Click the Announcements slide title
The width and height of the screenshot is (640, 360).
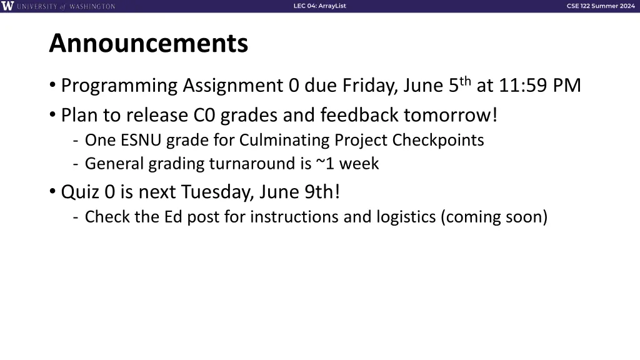coord(148,44)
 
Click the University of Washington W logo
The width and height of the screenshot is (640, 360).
coord(7,6)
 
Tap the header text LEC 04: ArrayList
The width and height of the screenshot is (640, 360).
coord(319,6)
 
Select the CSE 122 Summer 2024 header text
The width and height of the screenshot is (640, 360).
coord(600,6)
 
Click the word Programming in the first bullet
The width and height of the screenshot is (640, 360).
coord(119,85)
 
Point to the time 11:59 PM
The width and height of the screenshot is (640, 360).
coord(540,85)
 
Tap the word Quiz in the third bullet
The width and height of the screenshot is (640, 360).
coord(81,191)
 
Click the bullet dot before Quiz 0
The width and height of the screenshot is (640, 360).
coord(52,191)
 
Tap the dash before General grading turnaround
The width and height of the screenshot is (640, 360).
coord(75,164)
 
